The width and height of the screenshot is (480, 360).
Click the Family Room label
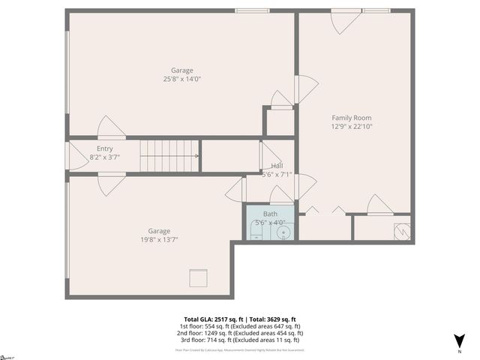pyautogui.click(x=352, y=118)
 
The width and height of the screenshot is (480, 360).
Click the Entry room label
pyautogui.click(x=104, y=148)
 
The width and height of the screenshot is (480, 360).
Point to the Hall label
pyautogui.click(x=277, y=166)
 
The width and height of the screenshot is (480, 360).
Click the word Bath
pyautogui.click(x=270, y=214)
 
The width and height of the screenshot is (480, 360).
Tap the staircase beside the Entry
pyautogui.click(x=169, y=156)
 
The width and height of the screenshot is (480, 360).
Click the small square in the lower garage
pyautogui.click(x=198, y=278)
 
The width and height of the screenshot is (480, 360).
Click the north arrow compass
pyautogui.click(x=460, y=341)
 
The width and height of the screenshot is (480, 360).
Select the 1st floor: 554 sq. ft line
pyautogui.click(x=239, y=326)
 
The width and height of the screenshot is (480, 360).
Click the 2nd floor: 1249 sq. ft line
pyautogui.click(x=239, y=334)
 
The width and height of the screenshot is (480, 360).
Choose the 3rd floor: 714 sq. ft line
pyautogui.click(x=239, y=341)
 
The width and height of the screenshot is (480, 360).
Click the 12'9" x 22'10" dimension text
pyautogui.click(x=352, y=126)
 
